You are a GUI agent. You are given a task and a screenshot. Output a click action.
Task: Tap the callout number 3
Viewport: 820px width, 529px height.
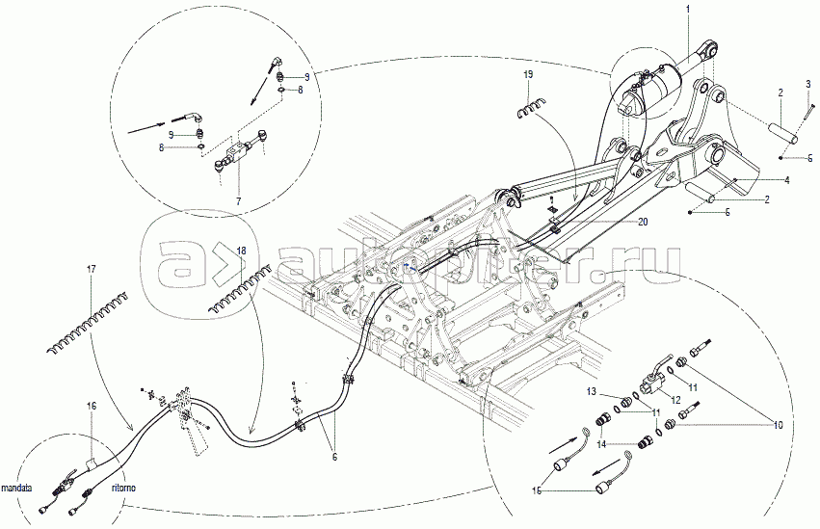(807, 86)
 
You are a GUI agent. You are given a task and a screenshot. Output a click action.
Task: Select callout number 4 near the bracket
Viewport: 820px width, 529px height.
(786, 180)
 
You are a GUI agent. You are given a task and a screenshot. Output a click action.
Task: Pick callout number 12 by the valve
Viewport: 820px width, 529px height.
(675, 400)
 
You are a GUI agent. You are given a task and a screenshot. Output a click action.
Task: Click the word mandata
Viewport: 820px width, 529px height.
(21, 488)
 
